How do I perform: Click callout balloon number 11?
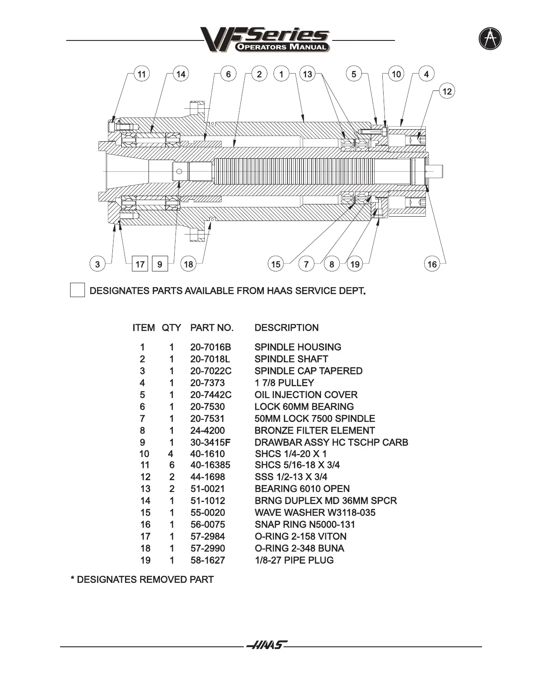pyautogui.click(x=142, y=74)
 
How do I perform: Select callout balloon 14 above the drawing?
pyautogui.click(x=181, y=74)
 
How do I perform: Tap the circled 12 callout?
pyautogui.click(x=447, y=91)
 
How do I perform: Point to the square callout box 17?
pyautogui.click(x=140, y=264)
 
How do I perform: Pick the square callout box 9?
pyautogui.click(x=160, y=264)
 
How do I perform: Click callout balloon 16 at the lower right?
pyautogui.click(x=432, y=264)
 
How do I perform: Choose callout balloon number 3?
pyautogui.click(x=98, y=264)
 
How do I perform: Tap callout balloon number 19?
pyautogui.click(x=355, y=264)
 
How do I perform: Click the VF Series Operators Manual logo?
pyautogui.click(x=265, y=39)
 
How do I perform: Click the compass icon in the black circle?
pyautogui.click(x=490, y=39)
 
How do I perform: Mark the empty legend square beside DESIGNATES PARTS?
pyautogui.click(x=78, y=290)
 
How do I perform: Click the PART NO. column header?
pyautogui.click(x=212, y=328)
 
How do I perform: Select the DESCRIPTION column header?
pyautogui.click(x=287, y=328)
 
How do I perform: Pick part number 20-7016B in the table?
pyautogui.click(x=211, y=347)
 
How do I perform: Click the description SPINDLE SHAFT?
pyautogui.click(x=291, y=359)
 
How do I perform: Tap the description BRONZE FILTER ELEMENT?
pyautogui.click(x=314, y=431)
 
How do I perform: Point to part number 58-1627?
pyautogui.click(x=208, y=560)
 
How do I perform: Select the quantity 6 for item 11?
pyautogui.click(x=172, y=465)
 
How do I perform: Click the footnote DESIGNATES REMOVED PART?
pyautogui.click(x=142, y=579)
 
